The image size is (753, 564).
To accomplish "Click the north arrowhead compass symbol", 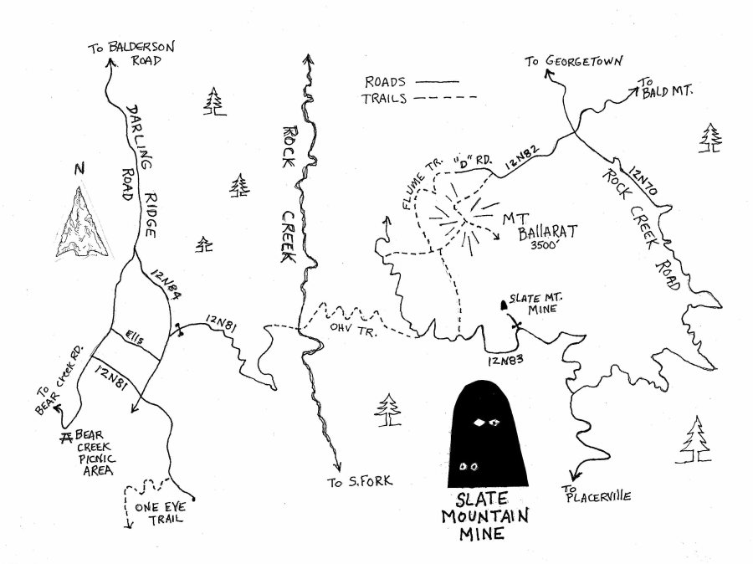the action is click(82, 223).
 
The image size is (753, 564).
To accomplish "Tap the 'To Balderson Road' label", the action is click(131, 54).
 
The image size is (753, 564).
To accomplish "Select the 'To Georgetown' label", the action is click(573, 61).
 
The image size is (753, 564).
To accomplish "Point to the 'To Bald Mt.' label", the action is click(664, 88).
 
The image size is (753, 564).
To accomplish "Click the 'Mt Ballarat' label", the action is click(540, 226).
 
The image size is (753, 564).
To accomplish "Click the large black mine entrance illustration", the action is click(488, 433).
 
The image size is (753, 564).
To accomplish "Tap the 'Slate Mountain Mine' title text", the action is click(485, 516).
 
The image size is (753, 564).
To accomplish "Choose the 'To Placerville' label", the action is click(596, 495).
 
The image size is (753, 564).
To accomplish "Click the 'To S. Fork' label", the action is click(360, 481).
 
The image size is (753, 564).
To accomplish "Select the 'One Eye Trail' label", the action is click(161, 513).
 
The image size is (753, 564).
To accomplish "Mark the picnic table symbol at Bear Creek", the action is click(66, 437).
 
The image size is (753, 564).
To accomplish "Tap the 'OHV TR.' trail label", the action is click(353, 329).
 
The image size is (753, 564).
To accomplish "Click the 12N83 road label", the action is click(505, 360).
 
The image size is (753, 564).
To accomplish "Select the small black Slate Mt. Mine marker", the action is click(504, 305).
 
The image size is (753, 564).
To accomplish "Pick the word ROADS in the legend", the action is click(385, 82).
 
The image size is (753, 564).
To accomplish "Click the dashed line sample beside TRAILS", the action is click(445, 98).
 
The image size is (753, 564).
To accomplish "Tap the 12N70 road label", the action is click(643, 180).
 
